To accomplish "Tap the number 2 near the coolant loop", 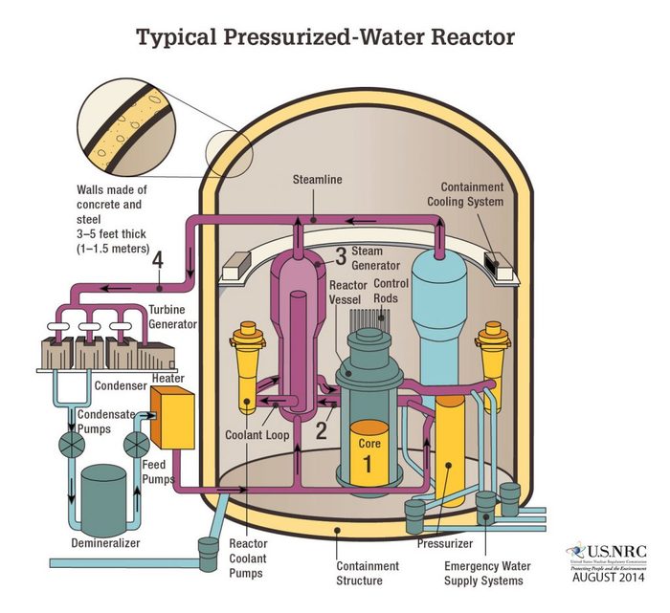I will [x=322, y=429].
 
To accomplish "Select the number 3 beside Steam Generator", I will [x=339, y=255].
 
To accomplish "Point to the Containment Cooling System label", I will [x=479, y=198].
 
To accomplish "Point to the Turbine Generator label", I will [x=173, y=317].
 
